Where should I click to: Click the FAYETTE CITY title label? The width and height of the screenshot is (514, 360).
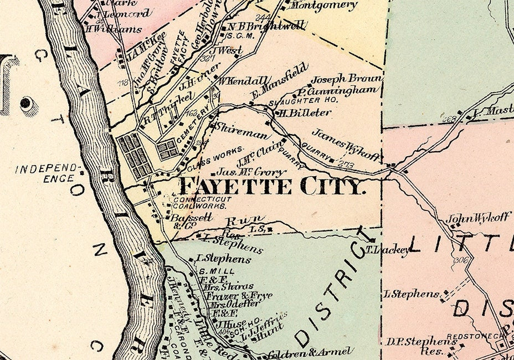[273, 187]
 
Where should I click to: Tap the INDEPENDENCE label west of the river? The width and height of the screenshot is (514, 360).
[48, 173]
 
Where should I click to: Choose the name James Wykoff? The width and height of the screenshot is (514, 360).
[346, 143]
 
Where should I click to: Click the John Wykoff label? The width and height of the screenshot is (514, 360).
[478, 218]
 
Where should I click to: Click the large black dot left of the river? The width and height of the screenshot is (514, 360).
[25, 103]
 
